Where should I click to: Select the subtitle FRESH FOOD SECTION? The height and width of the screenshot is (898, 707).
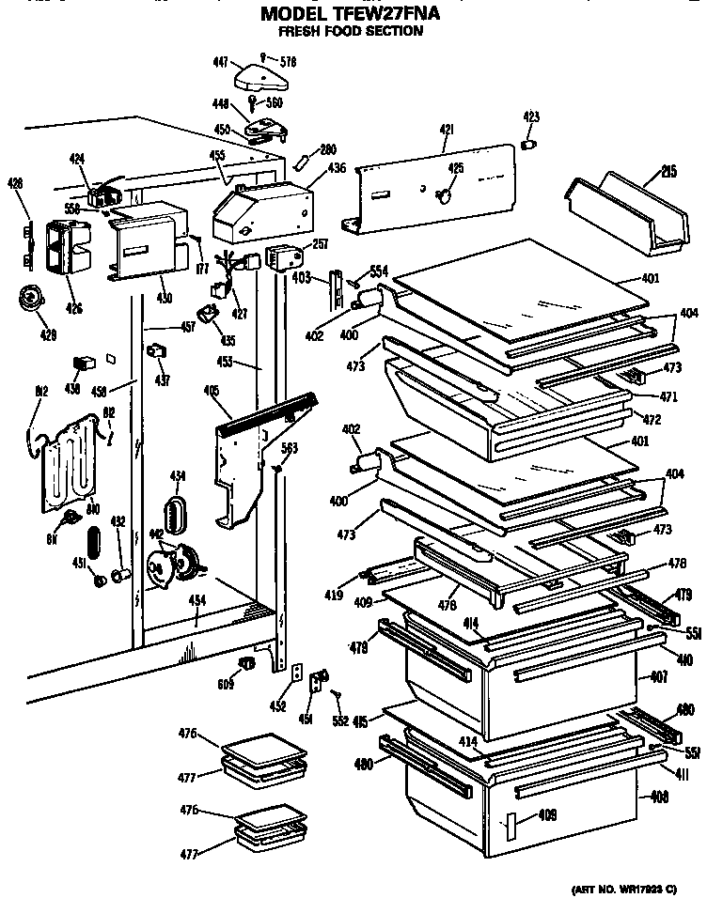click(x=350, y=31)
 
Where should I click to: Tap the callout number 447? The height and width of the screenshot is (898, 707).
click(x=221, y=62)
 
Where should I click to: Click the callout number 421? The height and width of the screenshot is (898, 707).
click(x=443, y=131)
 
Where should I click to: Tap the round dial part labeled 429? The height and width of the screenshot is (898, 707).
click(x=31, y=301)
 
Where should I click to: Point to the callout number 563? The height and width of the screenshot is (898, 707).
click(x=290, y=448)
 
